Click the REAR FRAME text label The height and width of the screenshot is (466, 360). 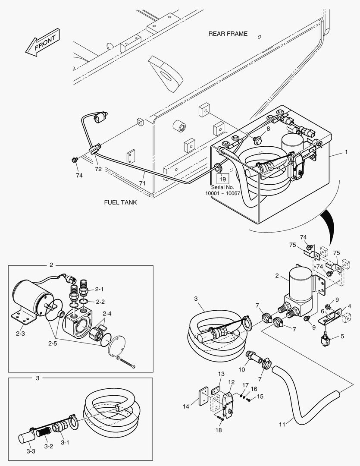click(228, 34)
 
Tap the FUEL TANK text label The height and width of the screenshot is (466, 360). click(121, 202)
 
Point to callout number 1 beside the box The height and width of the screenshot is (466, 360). click(345, 153)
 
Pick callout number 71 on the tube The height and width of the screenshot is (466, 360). click(142, 183)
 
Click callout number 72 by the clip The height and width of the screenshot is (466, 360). click(98, 169)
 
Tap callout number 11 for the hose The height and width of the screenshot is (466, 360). click(282, 425)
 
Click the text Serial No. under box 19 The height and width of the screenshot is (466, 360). click(222, 187)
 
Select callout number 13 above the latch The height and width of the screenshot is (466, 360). click(221, 374)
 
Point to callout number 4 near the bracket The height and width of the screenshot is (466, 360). click(349, 306)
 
